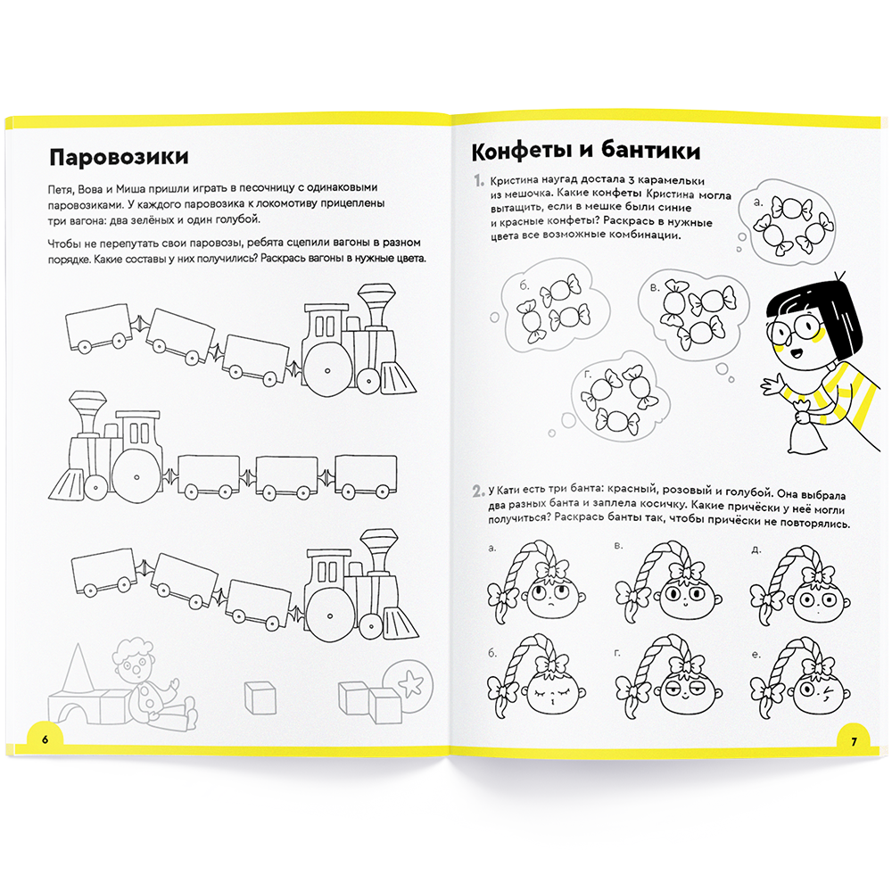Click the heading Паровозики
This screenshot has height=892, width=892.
coord(118,158)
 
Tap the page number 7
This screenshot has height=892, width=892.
coord(853,740)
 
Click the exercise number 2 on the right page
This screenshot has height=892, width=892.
coord(478,491)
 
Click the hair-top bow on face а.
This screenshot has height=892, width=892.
coord(548,570)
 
